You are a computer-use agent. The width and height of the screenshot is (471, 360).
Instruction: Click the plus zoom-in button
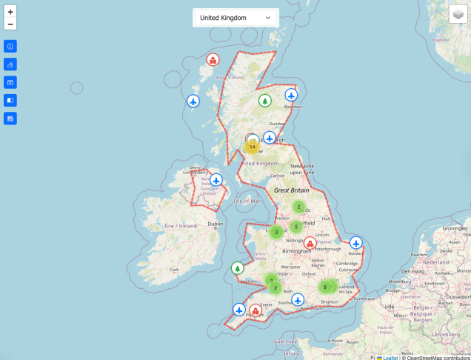click(10, 12)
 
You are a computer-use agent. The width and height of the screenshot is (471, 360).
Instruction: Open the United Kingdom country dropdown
click(235, 17)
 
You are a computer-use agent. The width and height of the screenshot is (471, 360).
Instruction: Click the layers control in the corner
click(458, 14)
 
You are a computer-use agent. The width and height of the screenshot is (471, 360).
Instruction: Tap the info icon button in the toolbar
click(10, 47)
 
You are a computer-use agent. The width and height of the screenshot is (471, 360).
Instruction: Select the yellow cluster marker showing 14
click(252, 147)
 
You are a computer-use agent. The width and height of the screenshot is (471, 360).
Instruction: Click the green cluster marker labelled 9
click(324, 287)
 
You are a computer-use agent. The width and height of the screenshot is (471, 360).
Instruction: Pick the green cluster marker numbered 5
click(295, 227)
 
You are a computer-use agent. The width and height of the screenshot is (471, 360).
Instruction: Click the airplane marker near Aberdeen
click(291, 95)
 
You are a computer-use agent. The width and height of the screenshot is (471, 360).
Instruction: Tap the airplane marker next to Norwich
click(356, 242)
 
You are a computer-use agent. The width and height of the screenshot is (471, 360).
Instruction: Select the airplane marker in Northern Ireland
click(216, 179)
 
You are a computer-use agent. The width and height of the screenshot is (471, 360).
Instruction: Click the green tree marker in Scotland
click(264, 101)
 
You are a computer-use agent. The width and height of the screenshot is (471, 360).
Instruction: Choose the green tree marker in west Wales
click(238, 268)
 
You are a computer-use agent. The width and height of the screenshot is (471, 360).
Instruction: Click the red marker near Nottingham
click(310, 243)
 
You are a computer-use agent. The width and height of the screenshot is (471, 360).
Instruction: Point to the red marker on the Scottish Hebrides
click(213, 60)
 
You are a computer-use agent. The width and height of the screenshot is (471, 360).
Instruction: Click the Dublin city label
click(215, 224)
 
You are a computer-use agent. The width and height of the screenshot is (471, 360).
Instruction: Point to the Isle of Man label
click(247, 201)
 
